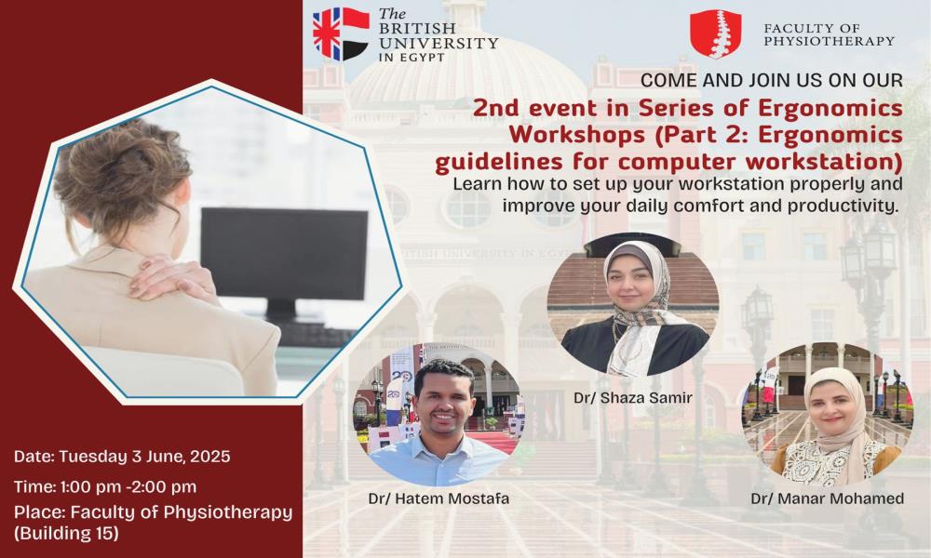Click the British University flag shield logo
[x=341, y=33]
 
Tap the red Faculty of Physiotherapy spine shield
[x=715, y=33]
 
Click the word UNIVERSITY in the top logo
[x=439, y=43]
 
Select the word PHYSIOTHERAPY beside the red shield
[x=829, y=41]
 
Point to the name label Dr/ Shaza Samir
[x=633, y=397]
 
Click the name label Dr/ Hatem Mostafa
[x=439, y=498]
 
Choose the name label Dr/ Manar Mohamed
[x=827, y=498]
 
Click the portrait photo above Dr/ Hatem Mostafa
[x=439, y=414]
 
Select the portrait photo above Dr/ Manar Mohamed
[x=827, y=414]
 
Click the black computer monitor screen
[x=284, y=254]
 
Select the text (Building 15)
[x=66, y=533]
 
